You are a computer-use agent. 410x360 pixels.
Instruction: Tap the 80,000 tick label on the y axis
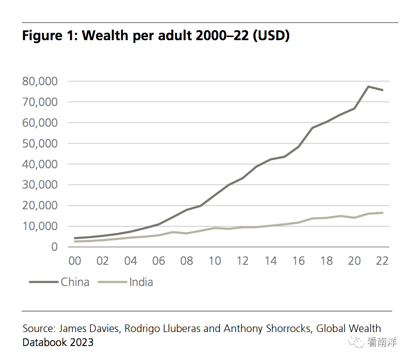pyautogui.click(x=40, y=81)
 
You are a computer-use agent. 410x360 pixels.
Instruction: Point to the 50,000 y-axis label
pyautogui.click(x=40, y=143)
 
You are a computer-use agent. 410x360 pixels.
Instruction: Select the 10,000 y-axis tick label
pyautogui.click(x=40, y=226)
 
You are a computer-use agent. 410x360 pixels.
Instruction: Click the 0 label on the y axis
pyautogui.click(x=54, y=247)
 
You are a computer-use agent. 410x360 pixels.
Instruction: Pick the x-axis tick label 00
pyautogui.click(x=75, y=261)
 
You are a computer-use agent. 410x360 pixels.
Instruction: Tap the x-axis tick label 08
pyautogui.click(x=186, y=261)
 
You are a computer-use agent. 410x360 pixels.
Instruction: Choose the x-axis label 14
pyautogui.click(x=270, y=261)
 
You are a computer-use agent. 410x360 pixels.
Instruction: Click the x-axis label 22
pyautogui.click(x=382, y=261)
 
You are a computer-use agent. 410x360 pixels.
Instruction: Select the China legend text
pyautogui.click(x=75, y=282)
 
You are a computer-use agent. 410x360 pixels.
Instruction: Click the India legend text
pyautogui.click(x=141, y=282)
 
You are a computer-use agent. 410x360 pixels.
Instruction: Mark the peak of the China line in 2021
pyautogui.click(x=368, y=87)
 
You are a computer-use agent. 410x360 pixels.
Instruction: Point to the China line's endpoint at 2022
pyautogui.click(x=382, y=90)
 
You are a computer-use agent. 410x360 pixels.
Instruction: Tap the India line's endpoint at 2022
pyautogui.click(x=382, y=213)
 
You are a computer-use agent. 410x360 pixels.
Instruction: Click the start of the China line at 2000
pyautogui.click(x=75, y=238)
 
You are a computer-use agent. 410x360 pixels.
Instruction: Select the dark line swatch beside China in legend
pyautogui.click(x=44, y=282)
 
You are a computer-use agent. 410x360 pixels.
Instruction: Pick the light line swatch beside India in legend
pyautogui.click(x=112, y=282)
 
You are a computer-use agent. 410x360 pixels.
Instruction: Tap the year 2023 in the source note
pyautogui.click(x=82, y=342)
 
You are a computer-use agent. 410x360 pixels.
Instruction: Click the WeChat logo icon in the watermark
pyautogui.click(x=356, y=342)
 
